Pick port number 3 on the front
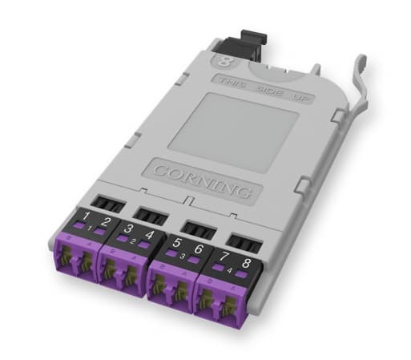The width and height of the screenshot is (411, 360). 129,230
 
